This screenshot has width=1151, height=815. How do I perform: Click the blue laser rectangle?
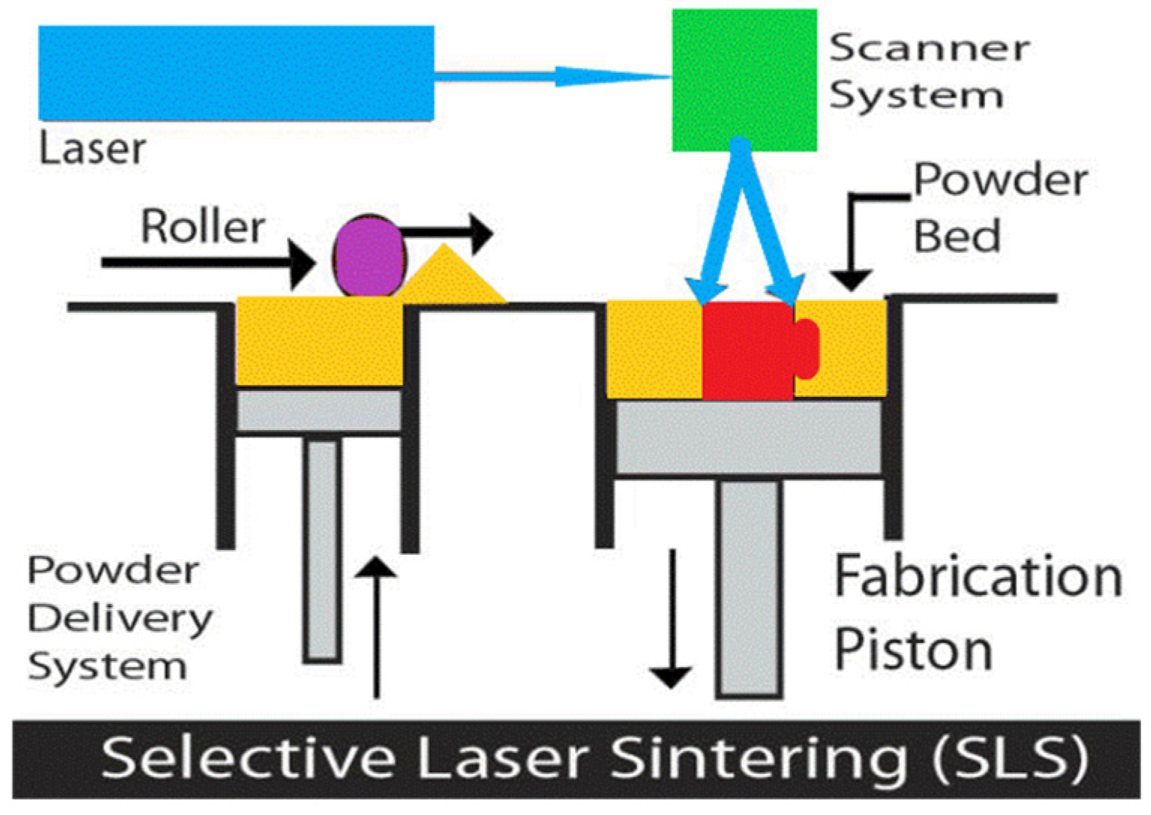pos(236,73)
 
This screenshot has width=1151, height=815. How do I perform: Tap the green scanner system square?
pos(744,80)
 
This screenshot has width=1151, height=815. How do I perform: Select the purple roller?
pos(368,256)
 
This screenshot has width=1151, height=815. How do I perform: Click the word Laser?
pos(92,149)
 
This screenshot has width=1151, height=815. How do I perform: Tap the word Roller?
pos(203,227)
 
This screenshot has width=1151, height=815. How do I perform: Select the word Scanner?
pos(929,48)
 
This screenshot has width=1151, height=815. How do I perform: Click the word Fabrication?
pos(978,576)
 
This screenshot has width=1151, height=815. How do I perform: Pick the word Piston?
pos(913,649)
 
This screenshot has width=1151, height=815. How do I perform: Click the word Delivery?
pos(120,619)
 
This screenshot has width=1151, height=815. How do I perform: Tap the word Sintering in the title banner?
pos(758,758)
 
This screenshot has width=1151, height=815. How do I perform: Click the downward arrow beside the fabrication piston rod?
pos(671,619)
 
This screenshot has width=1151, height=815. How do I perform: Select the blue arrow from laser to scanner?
pos(551,76)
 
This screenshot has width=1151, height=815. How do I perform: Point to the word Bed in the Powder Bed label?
pos(957,236)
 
